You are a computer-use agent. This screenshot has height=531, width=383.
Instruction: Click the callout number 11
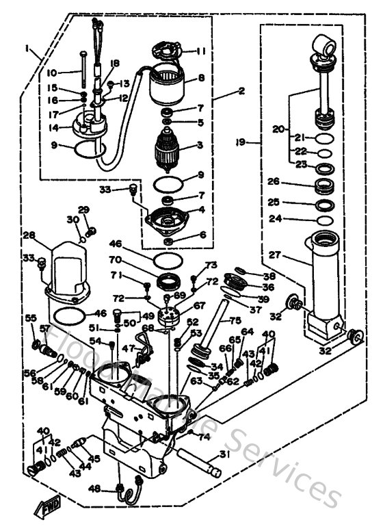coord(201,51)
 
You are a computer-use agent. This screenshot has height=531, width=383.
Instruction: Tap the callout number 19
coord(252,143)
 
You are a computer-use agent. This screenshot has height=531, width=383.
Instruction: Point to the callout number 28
coord(29,235)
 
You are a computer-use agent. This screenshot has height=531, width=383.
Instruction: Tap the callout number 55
coord(30,318)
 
